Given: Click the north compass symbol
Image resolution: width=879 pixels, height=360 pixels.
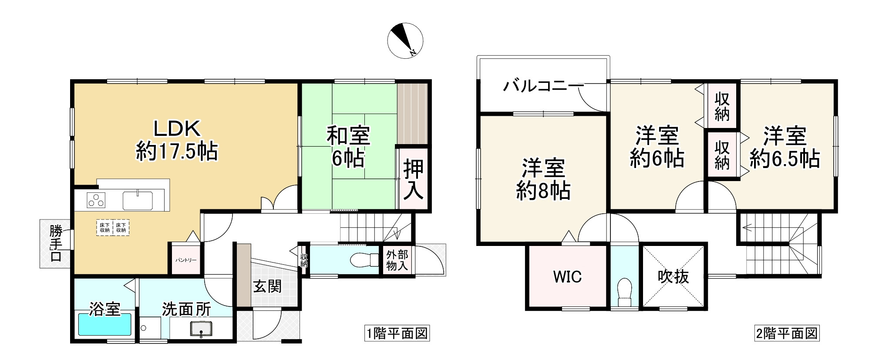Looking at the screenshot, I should tap(405, 40).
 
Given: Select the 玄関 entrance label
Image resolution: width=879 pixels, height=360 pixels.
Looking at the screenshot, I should tap(267, 286).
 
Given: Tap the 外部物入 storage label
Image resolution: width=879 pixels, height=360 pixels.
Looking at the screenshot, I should tap(397, 260).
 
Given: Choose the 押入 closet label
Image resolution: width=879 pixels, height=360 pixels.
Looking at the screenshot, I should tap(413, 180).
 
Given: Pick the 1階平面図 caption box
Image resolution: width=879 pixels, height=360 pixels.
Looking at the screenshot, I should tap(397, 334).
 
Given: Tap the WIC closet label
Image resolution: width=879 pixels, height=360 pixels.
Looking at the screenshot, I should tap(567, 277).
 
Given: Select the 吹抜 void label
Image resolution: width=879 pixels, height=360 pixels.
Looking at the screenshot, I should tap(673, 277).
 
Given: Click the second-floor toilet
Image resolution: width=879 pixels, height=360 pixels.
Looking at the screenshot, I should tap(624, 292).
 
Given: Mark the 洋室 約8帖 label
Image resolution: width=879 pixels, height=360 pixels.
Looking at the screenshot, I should tap(543, 179).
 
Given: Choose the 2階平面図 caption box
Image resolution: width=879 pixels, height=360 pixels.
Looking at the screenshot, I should tap(786, 334).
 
